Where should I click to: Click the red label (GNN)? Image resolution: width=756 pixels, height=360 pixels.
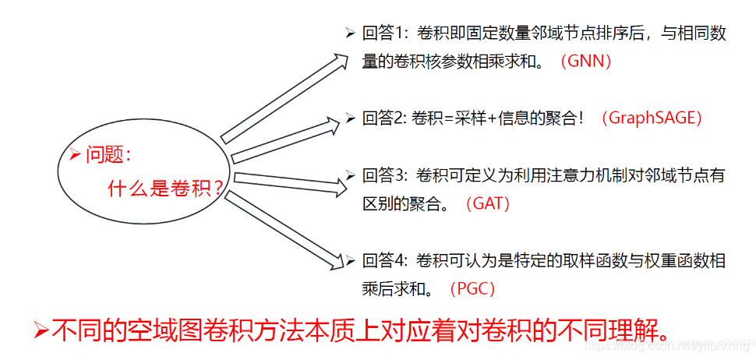[x=586, y=61]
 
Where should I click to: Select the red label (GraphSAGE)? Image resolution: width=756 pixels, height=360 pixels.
[x=652, y=118]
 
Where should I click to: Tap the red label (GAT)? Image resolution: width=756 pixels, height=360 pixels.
[x=487, y=204]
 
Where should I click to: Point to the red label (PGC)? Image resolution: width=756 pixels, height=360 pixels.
[x=472, y=288]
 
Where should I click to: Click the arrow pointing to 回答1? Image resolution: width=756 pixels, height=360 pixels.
[x=284, y=98]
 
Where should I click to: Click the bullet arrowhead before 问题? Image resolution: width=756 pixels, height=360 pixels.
[x=75, y=154]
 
